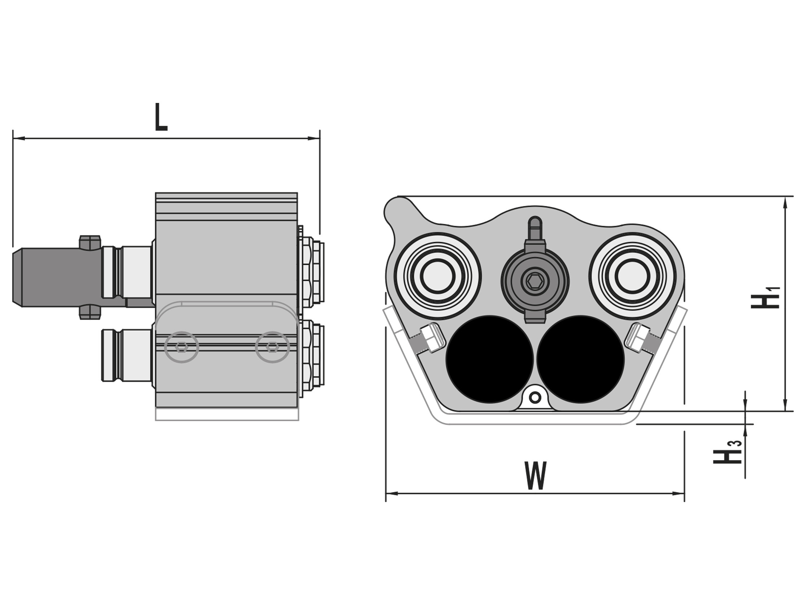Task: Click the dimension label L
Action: click(161, 117)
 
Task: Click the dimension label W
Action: click(536, 476)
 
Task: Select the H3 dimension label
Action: click(727, 452)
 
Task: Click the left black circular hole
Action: click(489, 359)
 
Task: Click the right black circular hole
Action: click(580, 359)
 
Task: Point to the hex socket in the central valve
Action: click(535, 281)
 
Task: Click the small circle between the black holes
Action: click(535, 398)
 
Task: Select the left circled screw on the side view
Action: click(182, 347)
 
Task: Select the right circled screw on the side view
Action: click(272, 347)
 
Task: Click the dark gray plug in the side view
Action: click(55, 277)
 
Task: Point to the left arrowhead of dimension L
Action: click(18, 139)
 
